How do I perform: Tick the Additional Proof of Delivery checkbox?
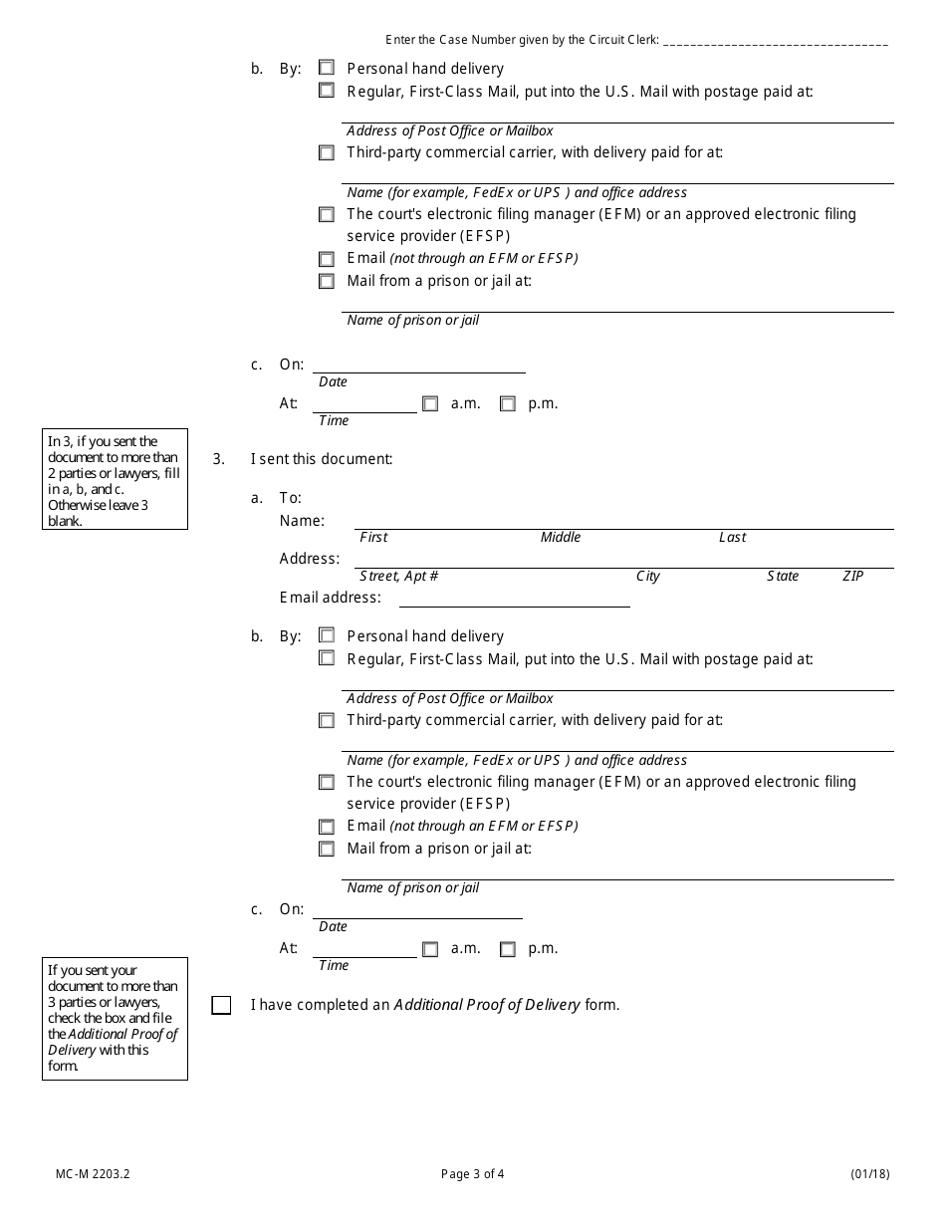pos(221,1006)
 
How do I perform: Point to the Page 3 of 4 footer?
pos(473,1173)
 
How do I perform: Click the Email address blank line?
pos(514,599)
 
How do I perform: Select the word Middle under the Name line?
pos(561,538)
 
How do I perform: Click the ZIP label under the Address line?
pos(853,577)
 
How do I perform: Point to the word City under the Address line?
pos(648,577)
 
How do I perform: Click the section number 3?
pos(218,459)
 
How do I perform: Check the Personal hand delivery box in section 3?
pos(327,635)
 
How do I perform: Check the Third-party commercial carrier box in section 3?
pos(327,720)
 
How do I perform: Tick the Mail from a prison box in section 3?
pos(327,850)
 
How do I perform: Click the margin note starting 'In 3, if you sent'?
pos(115,481)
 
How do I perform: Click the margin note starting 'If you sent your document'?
pos(115,1018)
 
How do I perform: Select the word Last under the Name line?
pos(732,538)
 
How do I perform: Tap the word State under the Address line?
pos(783,577)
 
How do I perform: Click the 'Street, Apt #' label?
pos(399,577)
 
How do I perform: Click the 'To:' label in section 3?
pos(290,498)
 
